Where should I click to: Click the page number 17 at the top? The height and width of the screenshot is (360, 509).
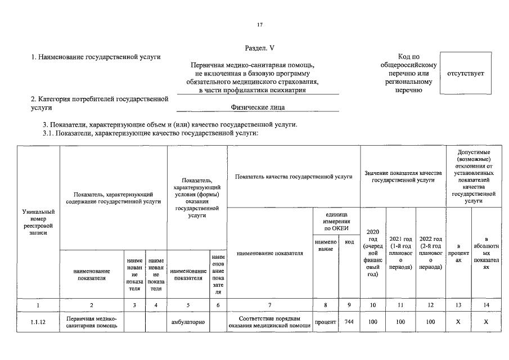point(259,25)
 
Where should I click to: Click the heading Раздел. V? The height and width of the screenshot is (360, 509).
point(259,49)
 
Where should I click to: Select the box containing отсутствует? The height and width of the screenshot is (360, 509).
point(465,74)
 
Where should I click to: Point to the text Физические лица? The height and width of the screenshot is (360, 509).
point(258,106)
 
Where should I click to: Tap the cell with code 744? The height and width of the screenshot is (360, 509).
point(349,322)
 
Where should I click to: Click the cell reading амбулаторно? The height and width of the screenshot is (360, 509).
point(188,322)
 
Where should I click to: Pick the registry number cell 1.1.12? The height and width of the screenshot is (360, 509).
point(38,322)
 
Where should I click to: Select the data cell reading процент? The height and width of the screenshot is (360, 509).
point(326,322)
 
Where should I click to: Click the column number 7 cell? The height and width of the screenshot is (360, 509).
point(269,305)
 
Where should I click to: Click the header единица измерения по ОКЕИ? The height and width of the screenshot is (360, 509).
point(337,221)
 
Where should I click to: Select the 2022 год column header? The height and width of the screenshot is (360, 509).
point(430,253)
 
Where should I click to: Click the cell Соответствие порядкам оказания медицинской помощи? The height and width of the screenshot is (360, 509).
point(269,322)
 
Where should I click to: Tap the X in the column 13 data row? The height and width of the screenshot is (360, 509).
point(458,322)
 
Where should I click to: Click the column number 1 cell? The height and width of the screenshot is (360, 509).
point(38,305)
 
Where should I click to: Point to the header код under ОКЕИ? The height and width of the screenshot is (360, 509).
point(349,241)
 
